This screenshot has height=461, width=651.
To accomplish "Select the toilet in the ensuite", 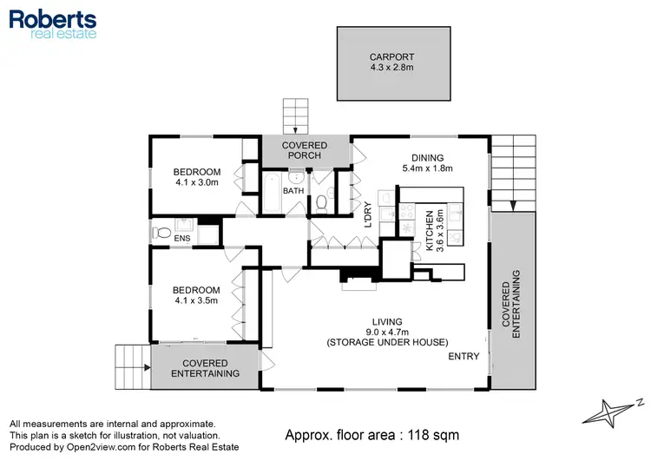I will click(x=160, y=233).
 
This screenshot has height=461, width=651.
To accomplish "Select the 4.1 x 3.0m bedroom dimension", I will click(x=195, y=182).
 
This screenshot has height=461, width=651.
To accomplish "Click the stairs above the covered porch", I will click(x=295, y=115).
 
